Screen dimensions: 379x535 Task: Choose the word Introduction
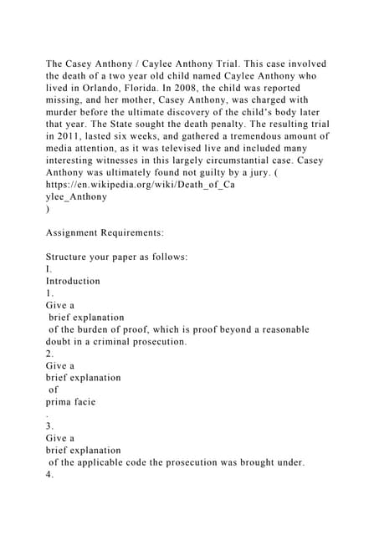coord(73,281)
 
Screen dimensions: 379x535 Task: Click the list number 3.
coord(49,425)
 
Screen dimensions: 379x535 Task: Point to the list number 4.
coord(49,474)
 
